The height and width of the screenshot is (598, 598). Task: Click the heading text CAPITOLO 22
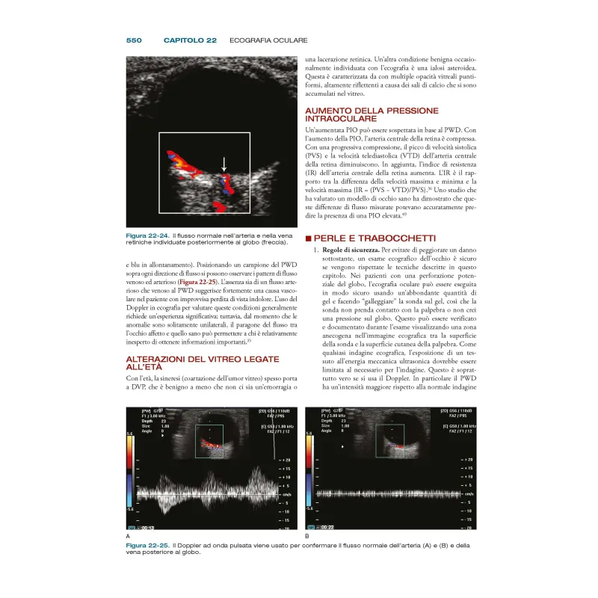[x=190, y=40]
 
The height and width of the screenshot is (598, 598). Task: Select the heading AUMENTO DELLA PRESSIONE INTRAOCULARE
[x=361, y=114]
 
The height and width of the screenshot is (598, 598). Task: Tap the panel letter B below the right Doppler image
[x=307, y=537]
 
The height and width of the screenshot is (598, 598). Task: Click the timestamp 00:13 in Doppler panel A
[x=150, y=526]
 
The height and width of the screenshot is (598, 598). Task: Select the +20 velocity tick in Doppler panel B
[x=468, y=459]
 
